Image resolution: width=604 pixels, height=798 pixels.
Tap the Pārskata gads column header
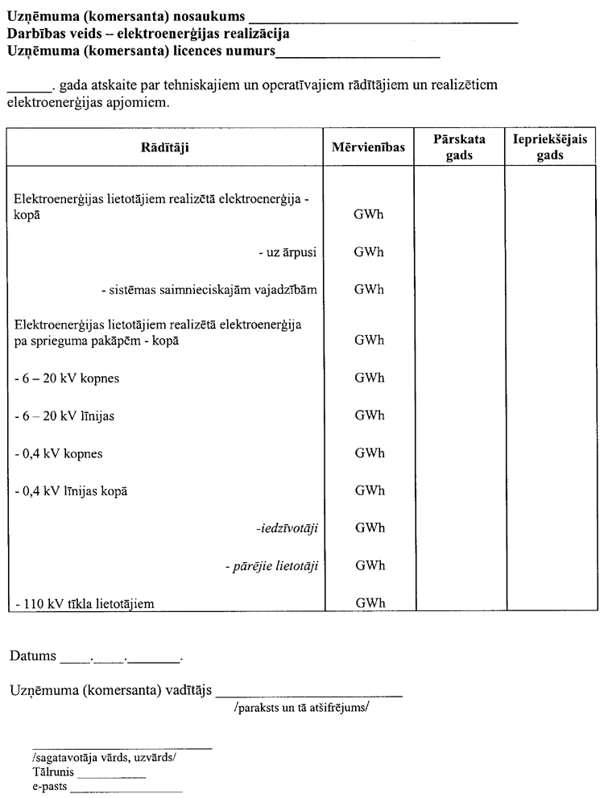pos(459,147)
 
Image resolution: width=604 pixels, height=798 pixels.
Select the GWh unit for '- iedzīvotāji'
pos(368,527)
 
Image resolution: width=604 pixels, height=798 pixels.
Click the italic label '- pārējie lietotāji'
pos(271,566)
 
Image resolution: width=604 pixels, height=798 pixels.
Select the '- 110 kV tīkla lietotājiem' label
pos(84,603)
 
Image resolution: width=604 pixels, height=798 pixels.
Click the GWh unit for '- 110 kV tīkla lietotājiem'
pos(368,603)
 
